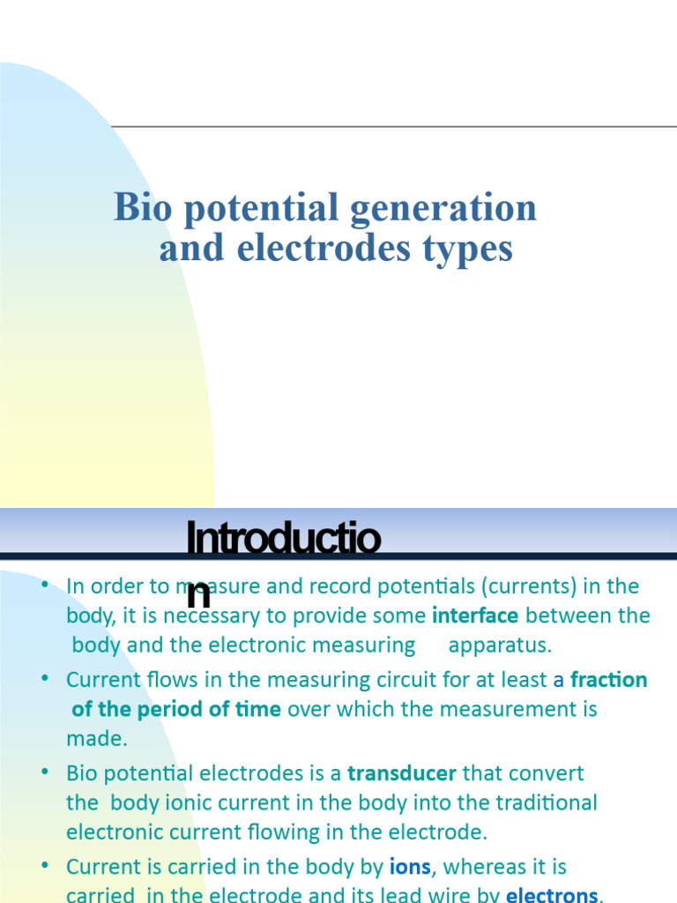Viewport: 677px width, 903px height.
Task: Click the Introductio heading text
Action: [283, 540]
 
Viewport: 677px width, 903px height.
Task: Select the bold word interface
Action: [475, 616]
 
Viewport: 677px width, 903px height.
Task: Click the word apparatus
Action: [500, 645]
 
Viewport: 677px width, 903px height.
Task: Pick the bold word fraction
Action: [609, 680]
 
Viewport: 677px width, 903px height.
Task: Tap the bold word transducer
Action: [402, 773]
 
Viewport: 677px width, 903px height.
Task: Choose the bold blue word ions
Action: [410, 867]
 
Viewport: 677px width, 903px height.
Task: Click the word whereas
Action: [486, 867]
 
